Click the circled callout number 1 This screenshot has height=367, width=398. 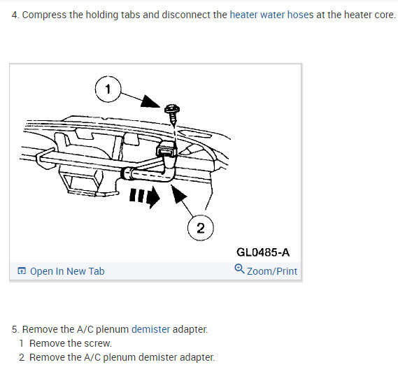point(108,89)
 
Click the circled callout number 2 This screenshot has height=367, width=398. point(201,228)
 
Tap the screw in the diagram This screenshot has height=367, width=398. point(172,115)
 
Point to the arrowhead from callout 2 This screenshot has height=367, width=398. point(178,193)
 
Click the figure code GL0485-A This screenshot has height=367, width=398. point(263,252)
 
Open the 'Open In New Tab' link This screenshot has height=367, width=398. point(67,271)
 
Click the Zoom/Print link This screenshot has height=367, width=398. point(272,271)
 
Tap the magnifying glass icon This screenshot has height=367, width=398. point(239,269)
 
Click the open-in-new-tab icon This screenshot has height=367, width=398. point(22,271)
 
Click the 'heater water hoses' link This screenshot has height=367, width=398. point(271,15)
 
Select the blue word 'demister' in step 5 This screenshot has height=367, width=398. point(150,329)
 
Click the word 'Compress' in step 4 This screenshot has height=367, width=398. point(44,15)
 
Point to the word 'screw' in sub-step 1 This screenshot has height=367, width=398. point(98,343)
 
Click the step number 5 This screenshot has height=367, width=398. point(15,329)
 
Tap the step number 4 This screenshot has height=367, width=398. point(15,15)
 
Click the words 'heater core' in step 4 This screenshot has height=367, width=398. point(369,15)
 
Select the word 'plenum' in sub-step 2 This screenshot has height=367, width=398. point(120,357)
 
